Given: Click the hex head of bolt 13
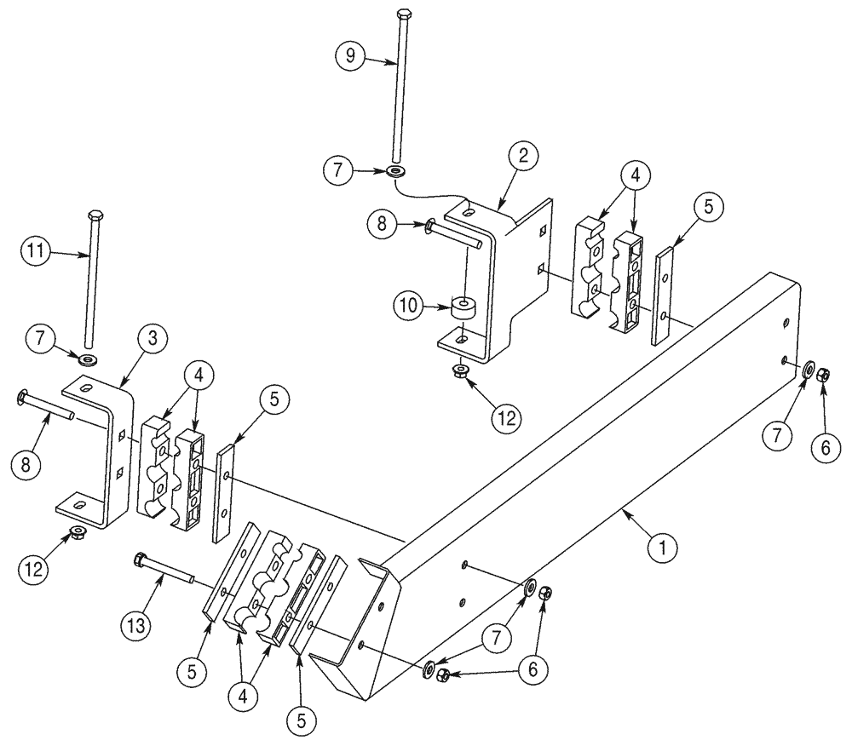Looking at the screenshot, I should (x=140, y=559).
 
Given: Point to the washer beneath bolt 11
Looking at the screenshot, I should (x=89, y=353).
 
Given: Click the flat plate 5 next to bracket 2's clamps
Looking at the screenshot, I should (x=663, y=295).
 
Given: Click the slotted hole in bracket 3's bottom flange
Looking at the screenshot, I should (x=78, y=506).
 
